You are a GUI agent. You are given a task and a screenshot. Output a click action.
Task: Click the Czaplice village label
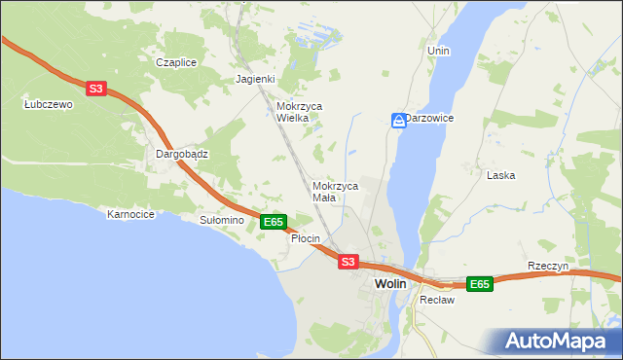click(x=176, y=62)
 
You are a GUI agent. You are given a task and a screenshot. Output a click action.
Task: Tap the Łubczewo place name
click(x=49, y=104)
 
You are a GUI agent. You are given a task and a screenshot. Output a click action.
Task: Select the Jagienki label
click(x=256, y=80)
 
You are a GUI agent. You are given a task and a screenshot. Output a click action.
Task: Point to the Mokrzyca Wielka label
click(x=300, y=112)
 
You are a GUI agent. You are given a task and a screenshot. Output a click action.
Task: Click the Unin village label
click(x=438, y=50)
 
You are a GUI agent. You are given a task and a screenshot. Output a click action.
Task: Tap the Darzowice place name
click(x=430, y=118)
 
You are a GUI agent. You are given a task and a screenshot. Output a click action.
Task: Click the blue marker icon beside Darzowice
click(x=398, y=120)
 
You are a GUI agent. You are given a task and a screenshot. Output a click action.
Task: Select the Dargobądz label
click(x=183, y=154)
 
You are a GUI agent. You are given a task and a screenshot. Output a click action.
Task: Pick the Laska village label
click(x=500, y=175)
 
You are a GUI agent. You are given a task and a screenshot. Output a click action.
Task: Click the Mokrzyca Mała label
click(x=336, y=191)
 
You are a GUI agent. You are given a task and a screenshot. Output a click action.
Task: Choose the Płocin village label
click(x=306, y=238)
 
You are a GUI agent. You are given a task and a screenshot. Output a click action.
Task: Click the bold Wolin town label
click(x=390, y=283)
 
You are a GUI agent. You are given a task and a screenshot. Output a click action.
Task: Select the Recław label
click(x=437, y=300)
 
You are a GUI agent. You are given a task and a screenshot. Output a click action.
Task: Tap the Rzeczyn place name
click(x=547, y=266)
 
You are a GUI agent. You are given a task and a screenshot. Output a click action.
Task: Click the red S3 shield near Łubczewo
click(x=94, y=89)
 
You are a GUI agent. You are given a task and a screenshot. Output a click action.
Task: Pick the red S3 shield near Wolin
click(x=348, y=262)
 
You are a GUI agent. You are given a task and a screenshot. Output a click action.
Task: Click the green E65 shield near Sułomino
click(x=274, y=222)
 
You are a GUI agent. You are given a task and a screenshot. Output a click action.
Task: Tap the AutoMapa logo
click(x=557, y=341)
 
